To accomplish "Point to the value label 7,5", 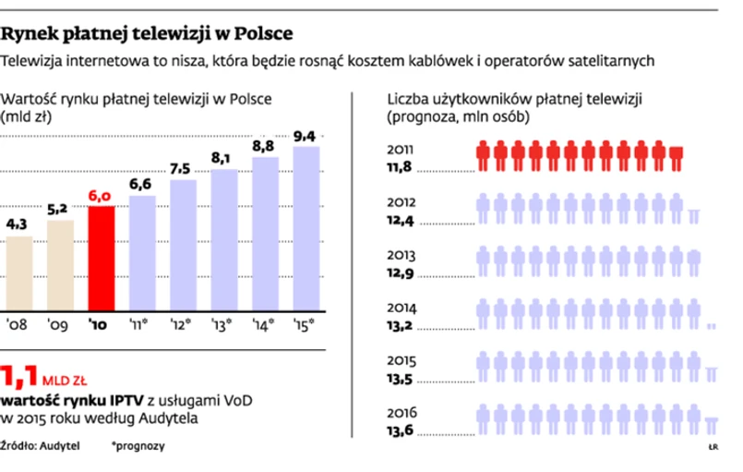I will [x=182, y=168].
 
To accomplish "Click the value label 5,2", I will [x=59, y=208].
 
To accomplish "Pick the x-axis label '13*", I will [x=222, y=326].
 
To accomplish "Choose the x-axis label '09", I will [x=59, y=326].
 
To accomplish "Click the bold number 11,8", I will [x=399, y=169].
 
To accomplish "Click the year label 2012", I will [x=401, y=202].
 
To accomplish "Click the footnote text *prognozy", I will [x=138, y=446].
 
